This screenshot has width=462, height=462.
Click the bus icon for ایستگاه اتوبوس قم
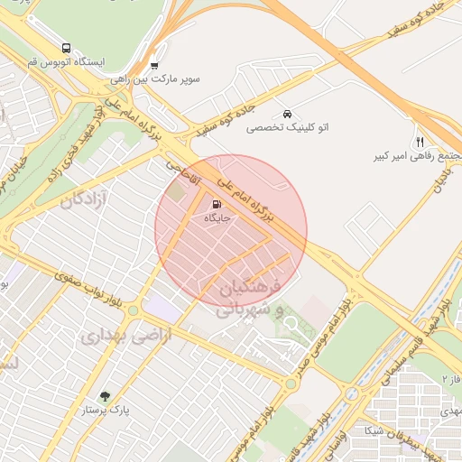66,48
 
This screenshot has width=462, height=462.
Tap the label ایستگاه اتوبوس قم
67,62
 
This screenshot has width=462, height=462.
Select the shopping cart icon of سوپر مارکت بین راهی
154,65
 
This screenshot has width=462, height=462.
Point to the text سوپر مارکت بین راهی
168,79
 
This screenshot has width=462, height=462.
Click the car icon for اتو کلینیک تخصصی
286,115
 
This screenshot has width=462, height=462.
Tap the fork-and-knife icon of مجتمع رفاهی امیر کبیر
420,142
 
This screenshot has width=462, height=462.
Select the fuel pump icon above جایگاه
215,204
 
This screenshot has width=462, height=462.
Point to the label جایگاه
218,217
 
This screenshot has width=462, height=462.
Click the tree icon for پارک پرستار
106,395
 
